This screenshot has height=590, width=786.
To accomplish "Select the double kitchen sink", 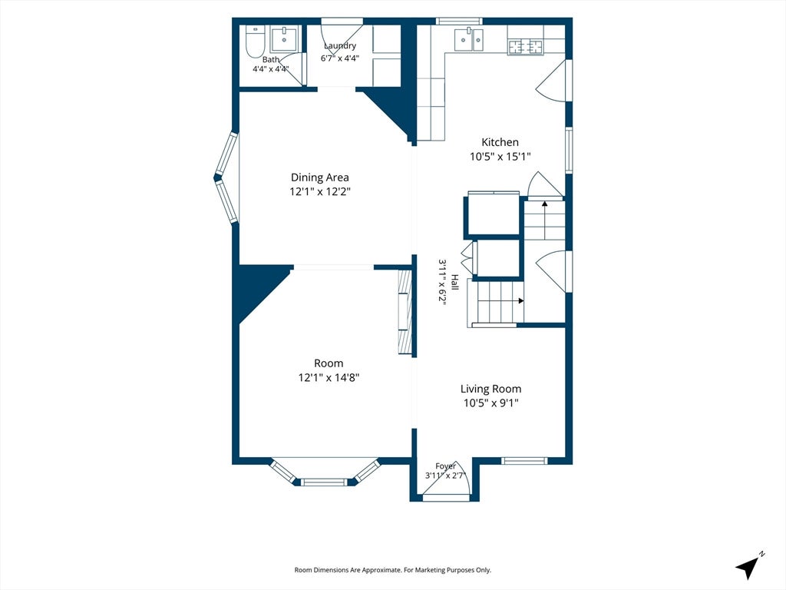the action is point(469,40).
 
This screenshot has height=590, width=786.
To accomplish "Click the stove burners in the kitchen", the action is point(526,47).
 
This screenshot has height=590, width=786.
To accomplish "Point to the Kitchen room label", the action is point(500,142).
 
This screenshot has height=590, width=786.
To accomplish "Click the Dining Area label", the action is point(320,177).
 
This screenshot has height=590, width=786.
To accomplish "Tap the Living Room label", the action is point(490,389).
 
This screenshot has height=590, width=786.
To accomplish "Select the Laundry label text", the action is point(340,45).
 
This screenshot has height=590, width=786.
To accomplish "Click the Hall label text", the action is point(454,282).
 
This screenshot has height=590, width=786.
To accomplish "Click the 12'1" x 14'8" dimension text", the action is point(329,377).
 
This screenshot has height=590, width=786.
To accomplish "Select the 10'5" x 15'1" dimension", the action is point(500,157).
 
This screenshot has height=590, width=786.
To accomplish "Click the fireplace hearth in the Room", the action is point(405,313).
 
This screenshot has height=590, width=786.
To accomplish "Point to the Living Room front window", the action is point(525,461).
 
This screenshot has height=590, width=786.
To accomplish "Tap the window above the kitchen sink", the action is point(459,21).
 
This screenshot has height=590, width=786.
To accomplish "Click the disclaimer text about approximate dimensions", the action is point(392,570).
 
